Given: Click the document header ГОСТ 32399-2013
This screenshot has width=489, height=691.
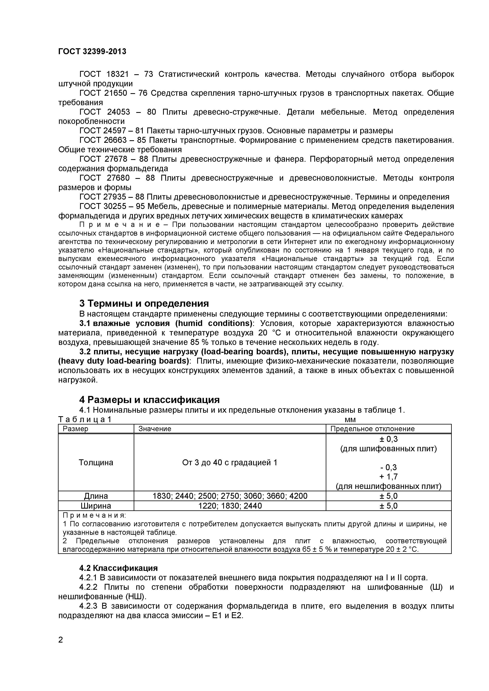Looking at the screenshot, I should point(92,51).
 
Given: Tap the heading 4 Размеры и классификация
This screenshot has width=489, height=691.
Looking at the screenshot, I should point(149,400).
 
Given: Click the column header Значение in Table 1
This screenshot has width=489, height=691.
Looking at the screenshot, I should point(155,429).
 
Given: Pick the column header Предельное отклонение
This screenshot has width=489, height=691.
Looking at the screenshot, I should point(372,429).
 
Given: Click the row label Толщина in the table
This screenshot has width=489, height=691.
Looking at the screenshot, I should point(96,463).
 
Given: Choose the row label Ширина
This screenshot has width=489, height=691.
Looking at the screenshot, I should point(96,506).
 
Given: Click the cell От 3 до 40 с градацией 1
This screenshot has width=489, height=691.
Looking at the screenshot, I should point(230,463).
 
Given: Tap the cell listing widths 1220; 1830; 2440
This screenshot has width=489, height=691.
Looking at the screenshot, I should point(230,506).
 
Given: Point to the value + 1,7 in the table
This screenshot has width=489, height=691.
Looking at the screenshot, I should point(388,476).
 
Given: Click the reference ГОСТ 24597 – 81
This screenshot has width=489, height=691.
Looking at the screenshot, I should point(112,131).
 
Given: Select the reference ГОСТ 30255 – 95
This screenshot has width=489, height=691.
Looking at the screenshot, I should point(112,206).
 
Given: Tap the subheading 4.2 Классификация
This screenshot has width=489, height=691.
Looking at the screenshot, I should point(119,568).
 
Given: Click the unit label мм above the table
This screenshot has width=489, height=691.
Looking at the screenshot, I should point(350,420).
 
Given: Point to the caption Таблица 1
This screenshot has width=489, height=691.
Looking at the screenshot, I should point(85,420).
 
